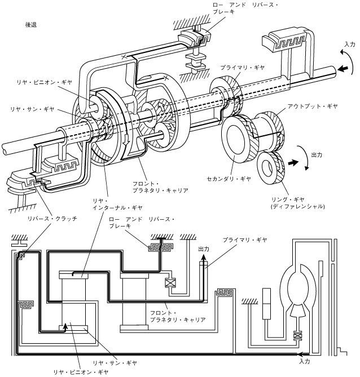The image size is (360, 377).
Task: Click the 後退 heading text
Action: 31,25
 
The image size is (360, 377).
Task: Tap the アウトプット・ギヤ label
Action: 313,107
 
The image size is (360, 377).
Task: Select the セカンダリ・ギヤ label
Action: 229,179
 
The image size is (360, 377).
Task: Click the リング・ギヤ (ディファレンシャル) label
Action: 298,203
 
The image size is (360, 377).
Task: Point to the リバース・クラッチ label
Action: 52,219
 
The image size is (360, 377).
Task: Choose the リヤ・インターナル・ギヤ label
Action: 117,204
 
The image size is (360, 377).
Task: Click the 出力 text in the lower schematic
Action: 204,249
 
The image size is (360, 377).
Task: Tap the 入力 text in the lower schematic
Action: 304,361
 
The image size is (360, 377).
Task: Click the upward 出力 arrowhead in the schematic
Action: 204,258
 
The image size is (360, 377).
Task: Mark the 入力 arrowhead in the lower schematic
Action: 300,354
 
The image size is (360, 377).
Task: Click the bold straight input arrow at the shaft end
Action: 343,69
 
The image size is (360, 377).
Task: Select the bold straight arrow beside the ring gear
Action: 293,163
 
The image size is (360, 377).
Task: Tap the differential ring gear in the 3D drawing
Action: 271,167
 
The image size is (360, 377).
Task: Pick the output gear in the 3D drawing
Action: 269,132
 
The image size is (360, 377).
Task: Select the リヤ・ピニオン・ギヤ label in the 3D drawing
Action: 45,82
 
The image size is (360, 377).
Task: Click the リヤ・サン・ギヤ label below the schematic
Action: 115,363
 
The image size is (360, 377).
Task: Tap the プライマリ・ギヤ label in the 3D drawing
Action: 243,68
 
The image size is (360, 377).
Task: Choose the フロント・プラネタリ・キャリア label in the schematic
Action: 178,316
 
